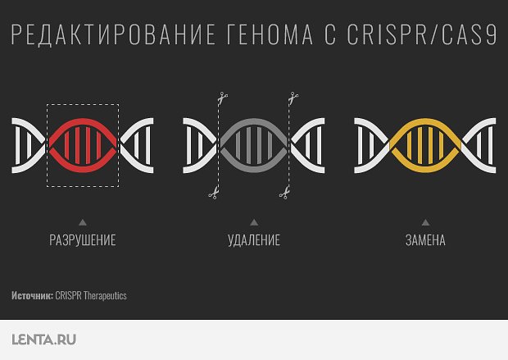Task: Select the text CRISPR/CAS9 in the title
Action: pos(422,36)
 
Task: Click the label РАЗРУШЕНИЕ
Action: pos(82,240)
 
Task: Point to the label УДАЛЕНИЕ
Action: pos(254,240)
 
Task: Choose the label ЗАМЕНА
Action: pos(425,240)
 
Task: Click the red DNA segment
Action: pos(83,145)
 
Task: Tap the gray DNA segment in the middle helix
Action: pos(254,145)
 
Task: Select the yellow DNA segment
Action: pos(425,145)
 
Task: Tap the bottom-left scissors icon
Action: pos(212,194)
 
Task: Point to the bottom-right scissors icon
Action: pos(283,194)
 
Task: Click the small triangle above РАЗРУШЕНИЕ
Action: pos(83,222)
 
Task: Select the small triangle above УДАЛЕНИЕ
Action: pos(254,222)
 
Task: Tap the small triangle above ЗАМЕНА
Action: pos(425,222)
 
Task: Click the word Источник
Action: pos(33,295)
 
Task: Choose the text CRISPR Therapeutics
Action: pos(91,295)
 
